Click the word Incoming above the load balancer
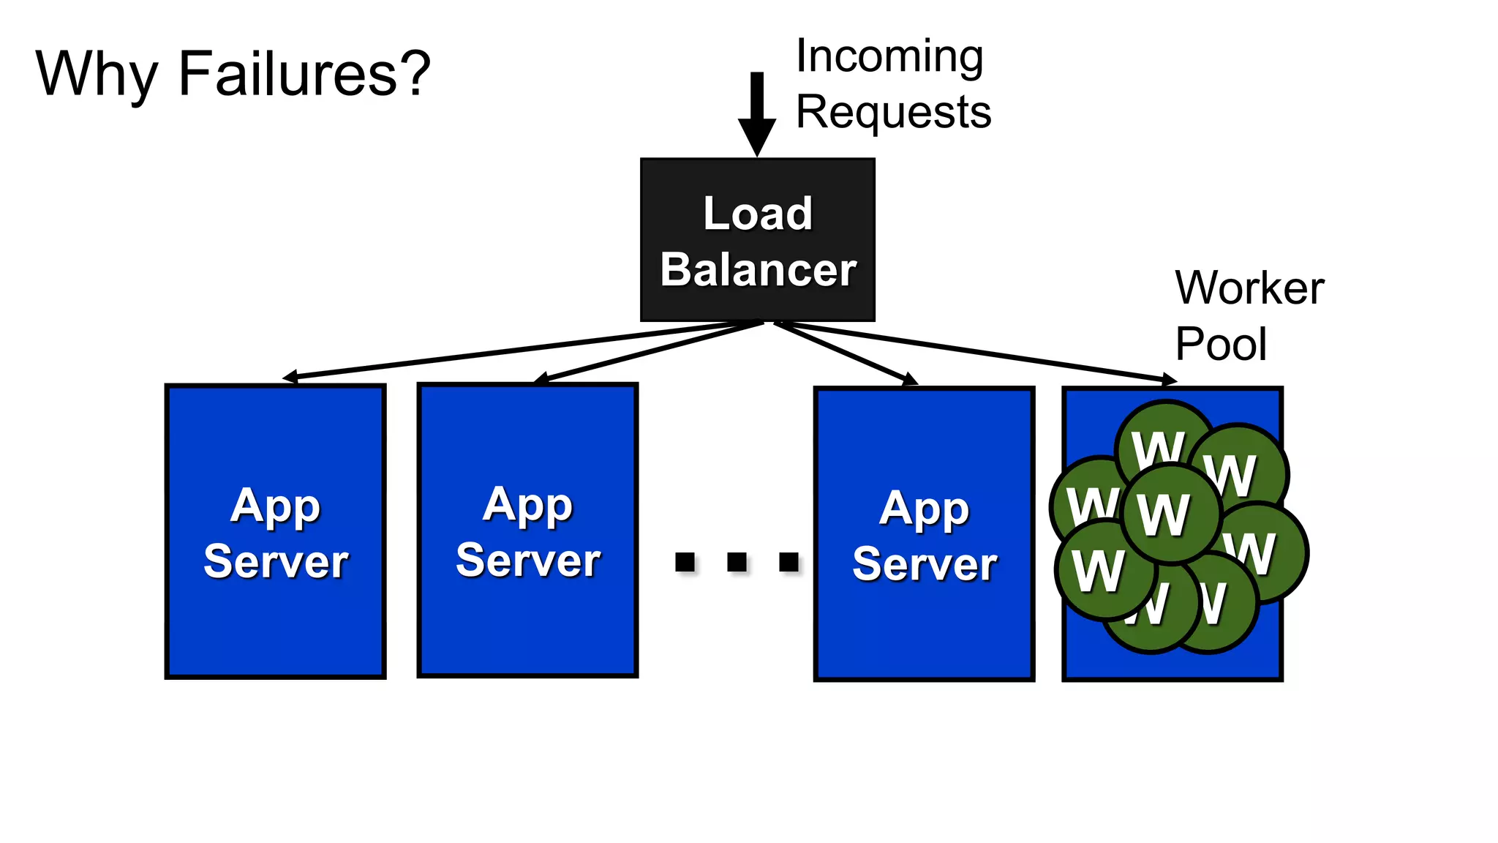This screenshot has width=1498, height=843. click(x=889, y=56)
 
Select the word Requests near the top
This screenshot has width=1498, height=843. click(x=893, y=112)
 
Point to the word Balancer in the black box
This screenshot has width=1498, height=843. click(x=758, y=270)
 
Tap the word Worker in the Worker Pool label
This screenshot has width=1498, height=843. click(x=1249, y=288)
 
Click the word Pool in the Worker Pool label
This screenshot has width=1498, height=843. click(x=1220, y=344)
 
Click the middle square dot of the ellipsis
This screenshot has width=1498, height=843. click(x=737, y=562)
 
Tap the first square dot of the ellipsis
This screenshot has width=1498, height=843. click(x=685, y=562)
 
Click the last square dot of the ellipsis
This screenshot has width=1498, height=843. click(x=789, y=562)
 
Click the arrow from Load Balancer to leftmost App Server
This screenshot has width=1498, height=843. click(x=512, y=351)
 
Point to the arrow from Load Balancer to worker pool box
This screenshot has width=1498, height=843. click(x=980, y=351)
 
